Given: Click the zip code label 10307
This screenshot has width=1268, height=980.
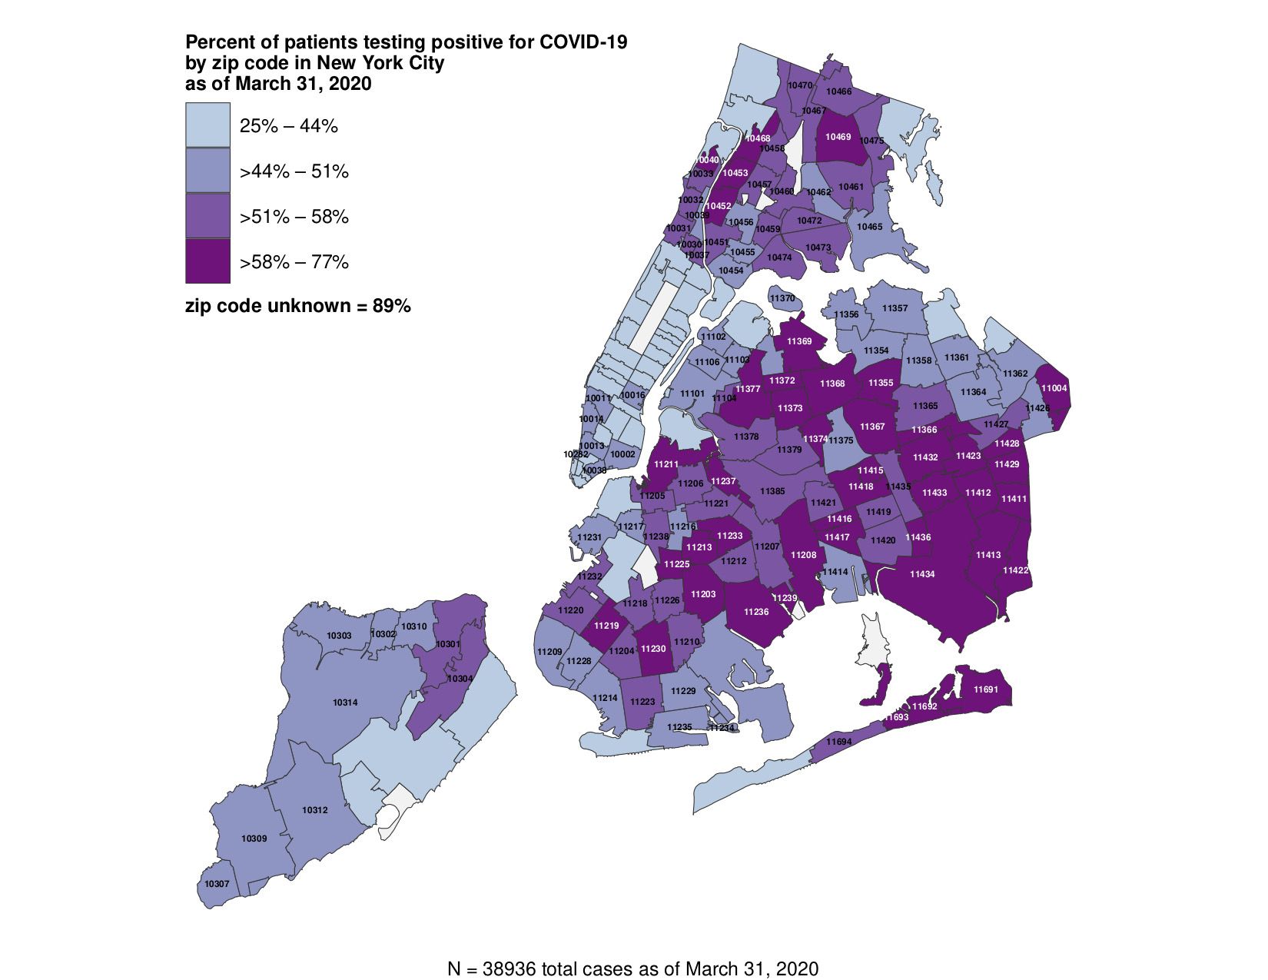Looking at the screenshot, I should [217, 884].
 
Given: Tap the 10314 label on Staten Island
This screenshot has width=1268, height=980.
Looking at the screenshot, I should [345, 703].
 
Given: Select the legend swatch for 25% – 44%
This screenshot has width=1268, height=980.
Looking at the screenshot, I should [207, 125].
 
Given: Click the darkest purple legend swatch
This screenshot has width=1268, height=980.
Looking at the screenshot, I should [207, 261].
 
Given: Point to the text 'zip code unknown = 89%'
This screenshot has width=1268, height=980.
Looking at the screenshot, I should [298, 306].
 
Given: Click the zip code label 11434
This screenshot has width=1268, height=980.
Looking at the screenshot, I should [922, 574].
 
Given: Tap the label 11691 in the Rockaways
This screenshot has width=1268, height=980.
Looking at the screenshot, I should [986, 689].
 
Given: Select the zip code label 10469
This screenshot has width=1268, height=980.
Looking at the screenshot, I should [838, 137].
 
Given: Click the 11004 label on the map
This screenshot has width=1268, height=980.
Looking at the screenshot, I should [1054, 388].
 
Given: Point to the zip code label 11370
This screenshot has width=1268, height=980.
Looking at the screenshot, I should [782, 298].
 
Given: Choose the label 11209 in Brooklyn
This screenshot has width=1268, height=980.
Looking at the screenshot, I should [549, 652].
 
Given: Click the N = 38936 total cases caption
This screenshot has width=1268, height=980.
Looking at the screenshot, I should [632, 968].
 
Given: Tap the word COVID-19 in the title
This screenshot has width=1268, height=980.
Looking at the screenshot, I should [583, 42].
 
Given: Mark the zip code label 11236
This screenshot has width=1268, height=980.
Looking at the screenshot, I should [756, 612].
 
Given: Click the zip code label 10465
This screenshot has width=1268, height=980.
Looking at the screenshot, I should [870, 227].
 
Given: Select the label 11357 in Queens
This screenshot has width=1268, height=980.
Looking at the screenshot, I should [895, 308].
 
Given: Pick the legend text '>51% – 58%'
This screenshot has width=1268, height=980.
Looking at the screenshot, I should [294, 217].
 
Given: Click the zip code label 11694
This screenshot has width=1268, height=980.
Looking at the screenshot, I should [840, 742].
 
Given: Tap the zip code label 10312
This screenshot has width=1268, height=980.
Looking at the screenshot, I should [315, 810].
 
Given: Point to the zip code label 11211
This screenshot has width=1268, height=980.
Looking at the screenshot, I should [666, 464].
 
